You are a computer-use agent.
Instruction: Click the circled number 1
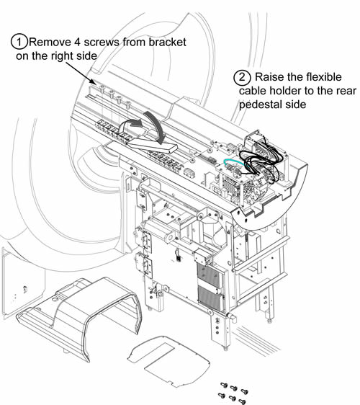[x=19, y=42]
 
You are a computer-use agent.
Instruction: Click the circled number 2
[x=242, y=77]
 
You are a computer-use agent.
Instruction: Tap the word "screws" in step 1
[x=102, y=42]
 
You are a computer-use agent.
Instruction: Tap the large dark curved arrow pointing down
[x=156, y=127]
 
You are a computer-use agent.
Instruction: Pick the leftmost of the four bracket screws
[x=102, y=89]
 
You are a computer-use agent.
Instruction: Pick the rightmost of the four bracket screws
[x=128, y=104]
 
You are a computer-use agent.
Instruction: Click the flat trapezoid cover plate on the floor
[x=168, y=361]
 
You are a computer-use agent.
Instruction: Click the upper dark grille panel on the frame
[x=210, y=276]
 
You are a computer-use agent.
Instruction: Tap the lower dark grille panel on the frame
[x=210, y=297]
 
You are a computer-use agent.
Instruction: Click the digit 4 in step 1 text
[x=77, y=43]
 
